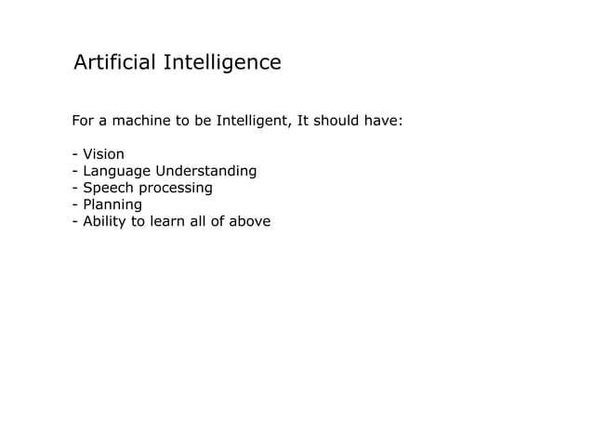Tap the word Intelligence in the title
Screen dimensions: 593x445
pos(222,63)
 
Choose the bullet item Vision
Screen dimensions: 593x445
pos(103,154)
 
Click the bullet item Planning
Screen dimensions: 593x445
pos(112,204)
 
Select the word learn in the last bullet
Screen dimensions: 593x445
pos(171,221)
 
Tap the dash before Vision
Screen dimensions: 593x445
pos(74,154)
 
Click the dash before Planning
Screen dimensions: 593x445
pos(74,204)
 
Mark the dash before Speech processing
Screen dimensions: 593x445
pos(74,188)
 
